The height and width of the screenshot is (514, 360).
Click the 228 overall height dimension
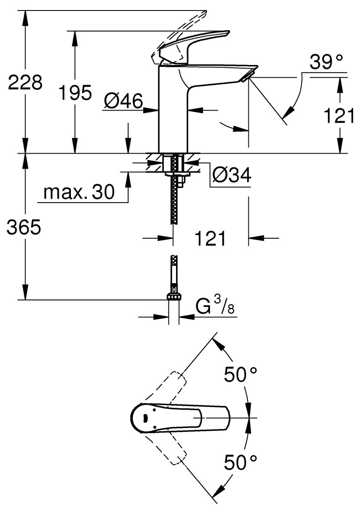tap(25, 83)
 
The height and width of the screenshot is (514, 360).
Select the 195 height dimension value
tap(75, 93)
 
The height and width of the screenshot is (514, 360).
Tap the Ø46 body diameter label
tap(123, 100)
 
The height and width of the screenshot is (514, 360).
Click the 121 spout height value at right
tap(339, 116)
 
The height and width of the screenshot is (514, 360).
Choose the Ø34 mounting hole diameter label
tap(232, 175)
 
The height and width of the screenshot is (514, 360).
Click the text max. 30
tap(79, 193)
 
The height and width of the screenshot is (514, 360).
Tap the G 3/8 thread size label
tap(215, 306)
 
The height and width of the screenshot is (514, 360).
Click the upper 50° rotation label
tap(241, 375)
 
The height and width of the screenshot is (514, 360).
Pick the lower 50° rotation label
tap(241, 463)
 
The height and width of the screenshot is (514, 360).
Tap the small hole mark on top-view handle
tap(145, 418)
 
